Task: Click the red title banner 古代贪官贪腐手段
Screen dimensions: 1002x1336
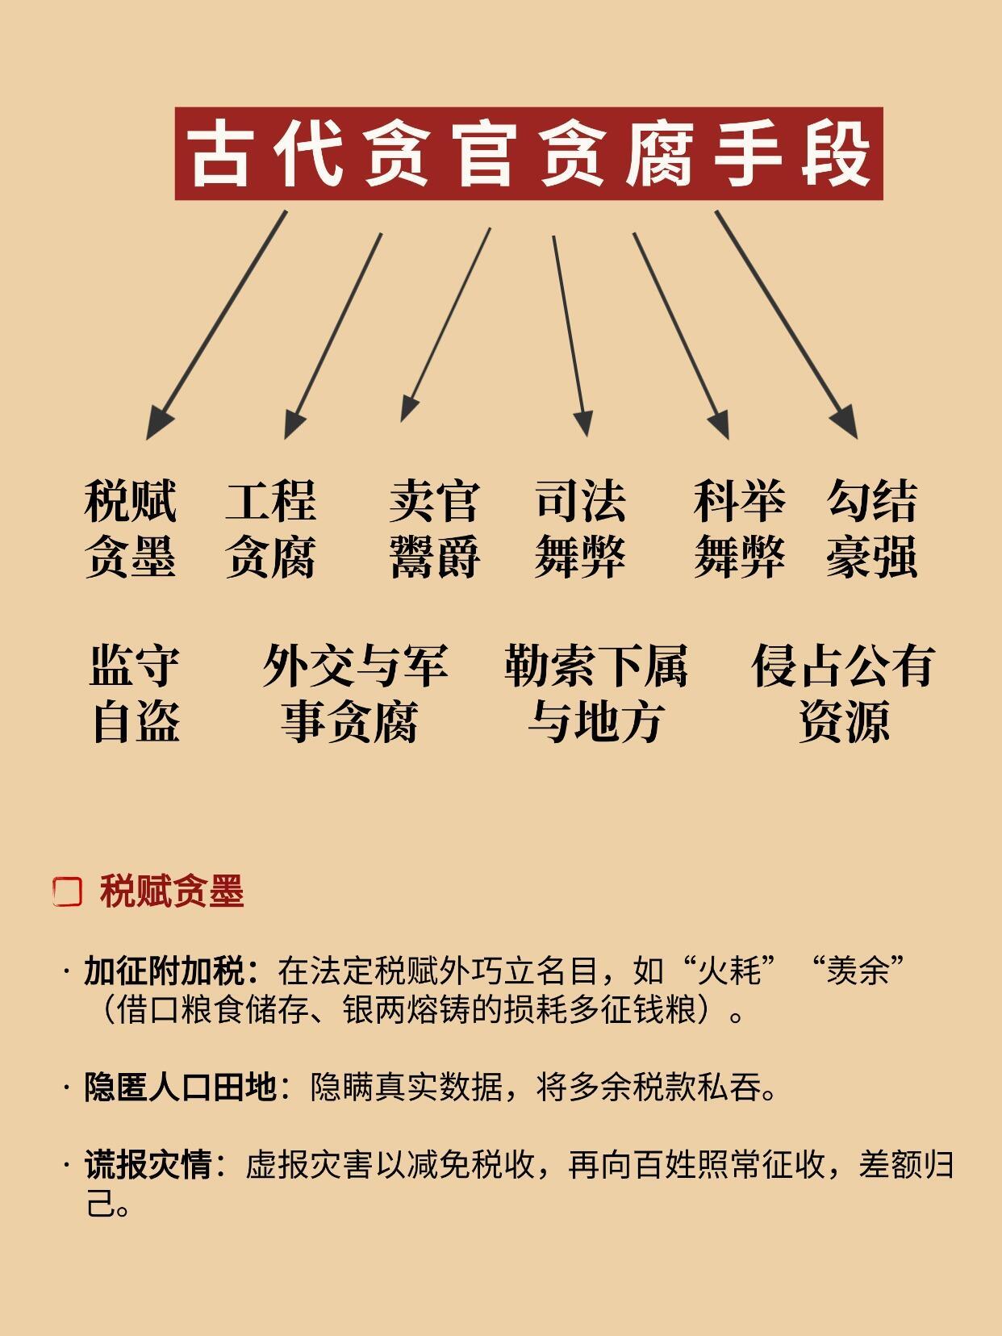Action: (528, 153)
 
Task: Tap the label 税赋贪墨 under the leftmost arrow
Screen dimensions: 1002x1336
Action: (130, 528)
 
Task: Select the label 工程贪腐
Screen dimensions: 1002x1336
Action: (270, 528)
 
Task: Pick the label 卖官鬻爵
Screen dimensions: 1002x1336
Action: (434, 528)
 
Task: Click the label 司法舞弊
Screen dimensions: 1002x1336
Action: (579, 528)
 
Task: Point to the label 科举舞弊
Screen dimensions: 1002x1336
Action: (739, 528)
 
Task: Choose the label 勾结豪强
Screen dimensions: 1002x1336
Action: (871, 528)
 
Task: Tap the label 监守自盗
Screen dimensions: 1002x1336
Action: (135, 693)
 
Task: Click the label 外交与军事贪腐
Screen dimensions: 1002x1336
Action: (353, 693)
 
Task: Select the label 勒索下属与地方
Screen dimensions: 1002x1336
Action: (595, 693)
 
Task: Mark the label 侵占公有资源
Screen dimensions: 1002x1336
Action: (843, 693)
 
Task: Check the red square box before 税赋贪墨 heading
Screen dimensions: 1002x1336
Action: (68, 891)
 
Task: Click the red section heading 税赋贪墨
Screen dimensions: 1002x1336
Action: (172, 891)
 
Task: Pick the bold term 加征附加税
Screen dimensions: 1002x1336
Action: (165, 971)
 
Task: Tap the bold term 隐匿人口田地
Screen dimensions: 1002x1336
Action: (181, 1088)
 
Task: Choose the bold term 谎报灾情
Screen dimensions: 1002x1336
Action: (148, 1165)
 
